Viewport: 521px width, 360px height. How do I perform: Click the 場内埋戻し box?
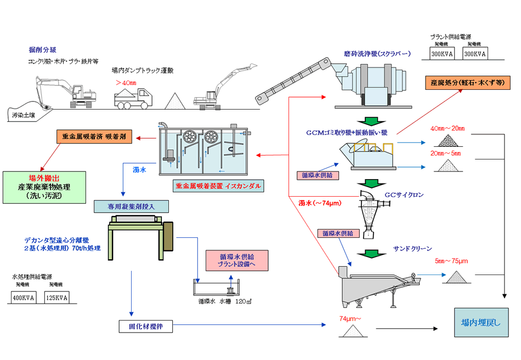pos(481,323)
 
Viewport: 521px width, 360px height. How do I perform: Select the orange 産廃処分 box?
pos(467,83)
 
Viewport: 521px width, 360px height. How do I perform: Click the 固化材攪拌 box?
pos(146,327)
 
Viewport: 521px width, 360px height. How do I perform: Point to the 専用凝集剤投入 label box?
pos(132,207)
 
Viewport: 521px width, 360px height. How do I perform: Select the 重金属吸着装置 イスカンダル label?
pos(218,185)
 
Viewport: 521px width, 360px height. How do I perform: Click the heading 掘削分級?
pos(41,49)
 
